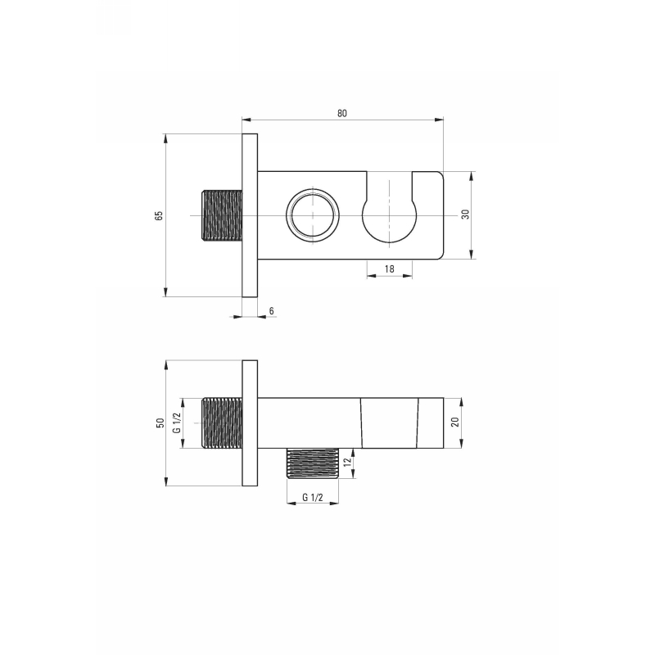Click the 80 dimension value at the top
pyautogui.click(x=342, y=113)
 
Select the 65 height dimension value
pyautogui.click(x=159, y=215)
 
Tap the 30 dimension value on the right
pyautogui.click(x=465, y=215)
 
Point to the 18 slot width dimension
pyautogui.click(x=390, y=269)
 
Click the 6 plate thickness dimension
pyautogui.click(x=272, y=311)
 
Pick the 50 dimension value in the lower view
pyautogui.click(x=160, y=422)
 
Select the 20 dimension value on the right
pyautogui.click(x=455, y=422)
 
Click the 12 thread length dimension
pyautogui.click(x=347, y=463)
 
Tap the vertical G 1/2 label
pyautogui.click(x=177, y=422)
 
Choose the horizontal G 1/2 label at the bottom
pyautogui.click(x=313, y=498)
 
